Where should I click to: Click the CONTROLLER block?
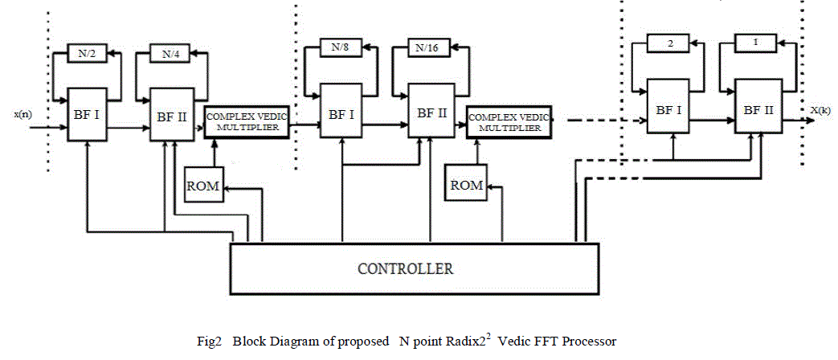(x=415, y=267)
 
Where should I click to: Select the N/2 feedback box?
(x=83, y=55)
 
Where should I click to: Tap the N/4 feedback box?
(x=170, y=55)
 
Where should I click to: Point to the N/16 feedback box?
(x=427, y=47)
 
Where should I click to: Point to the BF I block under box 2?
(x=668, y=109)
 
